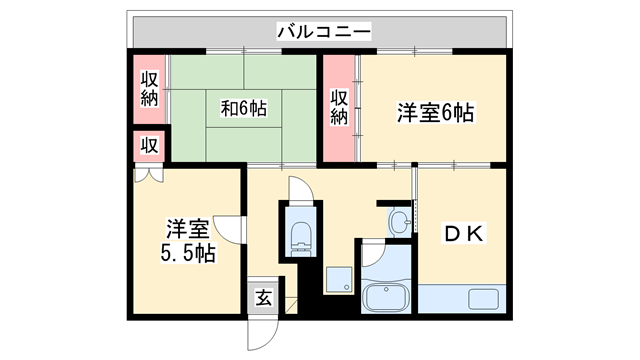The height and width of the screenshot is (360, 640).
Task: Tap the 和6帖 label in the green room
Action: (243, 107)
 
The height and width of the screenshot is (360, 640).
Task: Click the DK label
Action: (463, 234)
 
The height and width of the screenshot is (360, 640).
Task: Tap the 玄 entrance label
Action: (262, 297)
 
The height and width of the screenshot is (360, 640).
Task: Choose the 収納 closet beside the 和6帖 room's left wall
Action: (149, 89)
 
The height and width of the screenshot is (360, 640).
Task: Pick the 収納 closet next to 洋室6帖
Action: (339, 108)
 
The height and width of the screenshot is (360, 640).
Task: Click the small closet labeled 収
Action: (148, 145)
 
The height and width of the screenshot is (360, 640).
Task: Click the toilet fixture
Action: (301, 235)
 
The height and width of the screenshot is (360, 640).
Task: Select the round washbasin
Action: (399, 220)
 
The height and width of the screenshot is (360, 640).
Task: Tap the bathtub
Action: (385, 297)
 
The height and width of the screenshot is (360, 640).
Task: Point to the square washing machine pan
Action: (339, 280)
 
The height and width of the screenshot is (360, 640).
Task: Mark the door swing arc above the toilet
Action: (301, 189)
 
